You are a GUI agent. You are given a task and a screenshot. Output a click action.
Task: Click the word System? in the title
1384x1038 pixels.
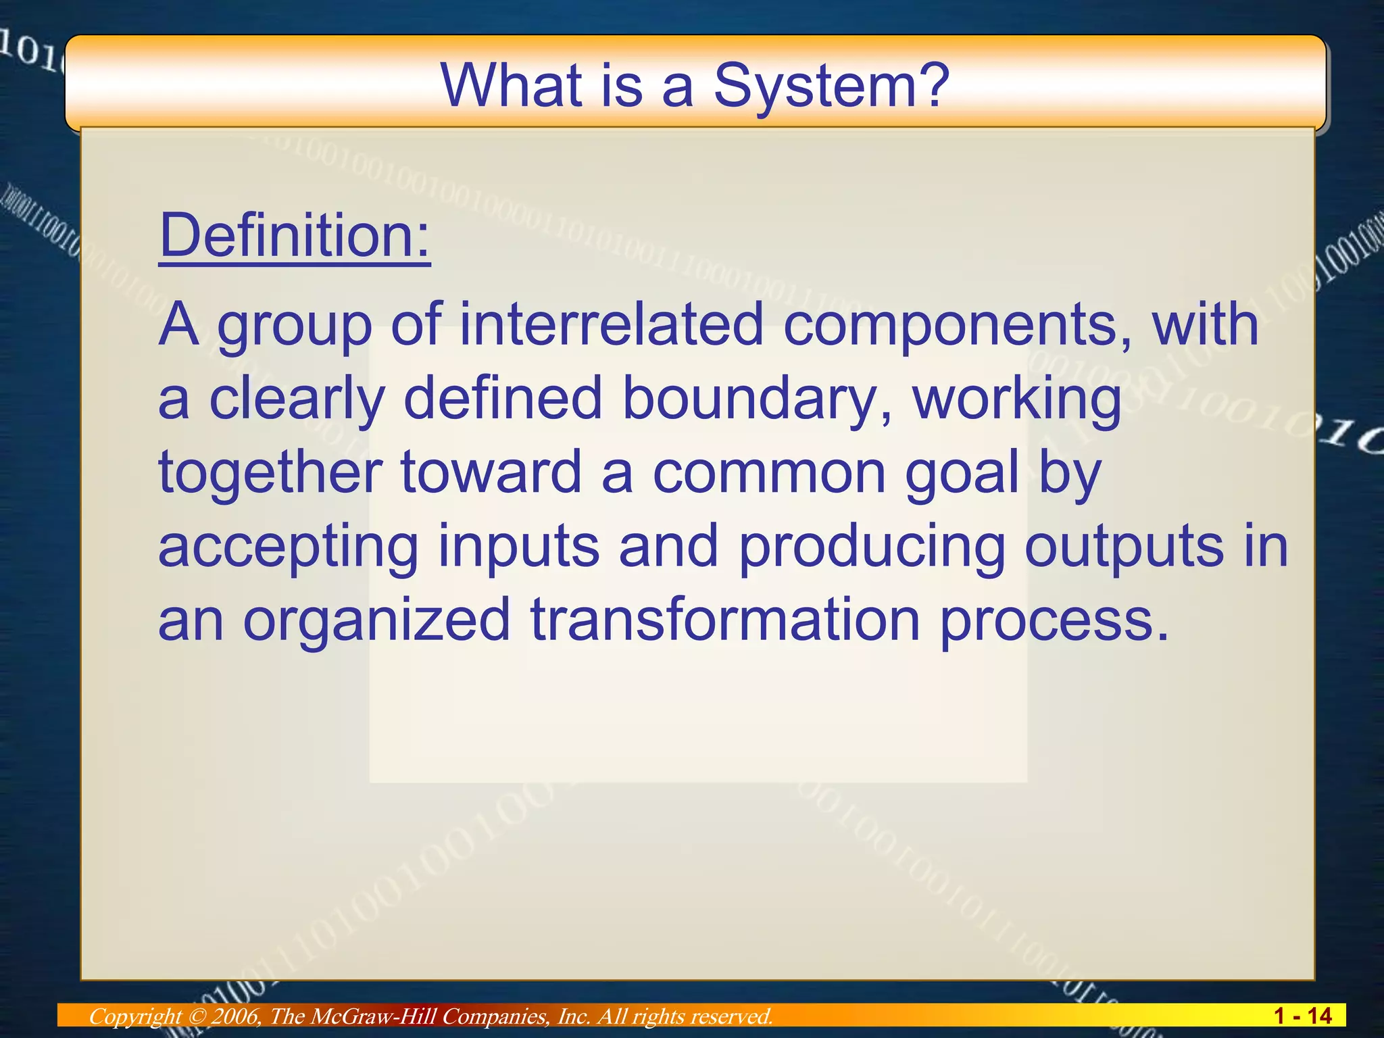(x=832, y=86)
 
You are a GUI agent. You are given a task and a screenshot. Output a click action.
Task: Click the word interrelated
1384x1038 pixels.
(x=612, y=324)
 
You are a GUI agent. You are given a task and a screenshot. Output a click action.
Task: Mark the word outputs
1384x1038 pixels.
(x=1123, y=546)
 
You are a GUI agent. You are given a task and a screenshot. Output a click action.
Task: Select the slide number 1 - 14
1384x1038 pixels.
(x=1302, y=1016)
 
